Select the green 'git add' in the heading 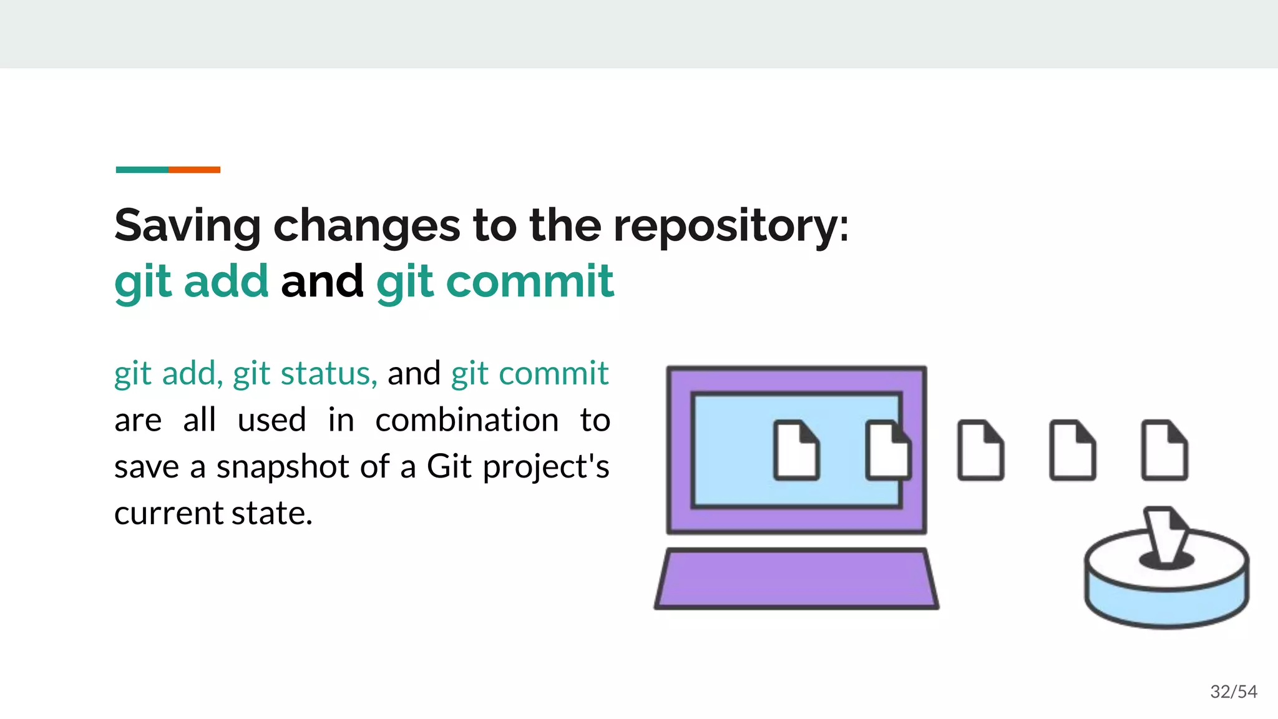point(192,281)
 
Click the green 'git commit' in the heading point(495,281)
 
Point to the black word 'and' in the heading point(322,281)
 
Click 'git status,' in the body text point(305,374)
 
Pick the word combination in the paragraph point(467,420)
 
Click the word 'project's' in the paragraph point(546,467)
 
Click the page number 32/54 point(1233,692)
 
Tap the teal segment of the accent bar point(142,170)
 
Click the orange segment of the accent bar point(194,170)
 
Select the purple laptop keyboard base point(796,579)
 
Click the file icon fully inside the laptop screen point(796,451)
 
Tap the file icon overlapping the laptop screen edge point(887,451)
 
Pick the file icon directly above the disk point(1164,451)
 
